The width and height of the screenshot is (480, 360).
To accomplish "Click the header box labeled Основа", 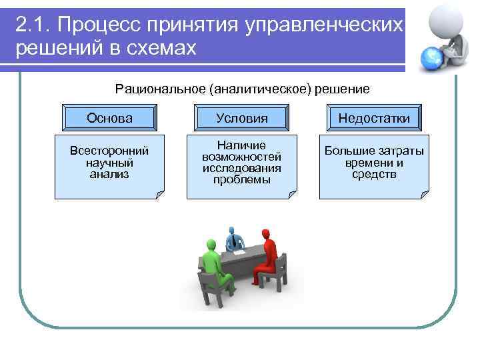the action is [x=109, y=118].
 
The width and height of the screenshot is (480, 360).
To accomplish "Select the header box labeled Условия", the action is [x=242, y=118].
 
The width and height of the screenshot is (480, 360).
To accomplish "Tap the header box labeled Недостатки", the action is [x=374, y=118].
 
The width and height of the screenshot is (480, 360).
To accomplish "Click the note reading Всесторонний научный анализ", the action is [x=109, y=164].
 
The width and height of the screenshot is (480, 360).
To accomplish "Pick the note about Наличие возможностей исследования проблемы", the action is [x=242, y=164].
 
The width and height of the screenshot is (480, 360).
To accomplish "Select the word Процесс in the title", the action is [x=93, y=25].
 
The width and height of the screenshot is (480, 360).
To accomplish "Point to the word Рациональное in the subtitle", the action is [x=158, y=89].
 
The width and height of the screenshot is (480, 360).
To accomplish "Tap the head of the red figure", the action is [x=268, y=234].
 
